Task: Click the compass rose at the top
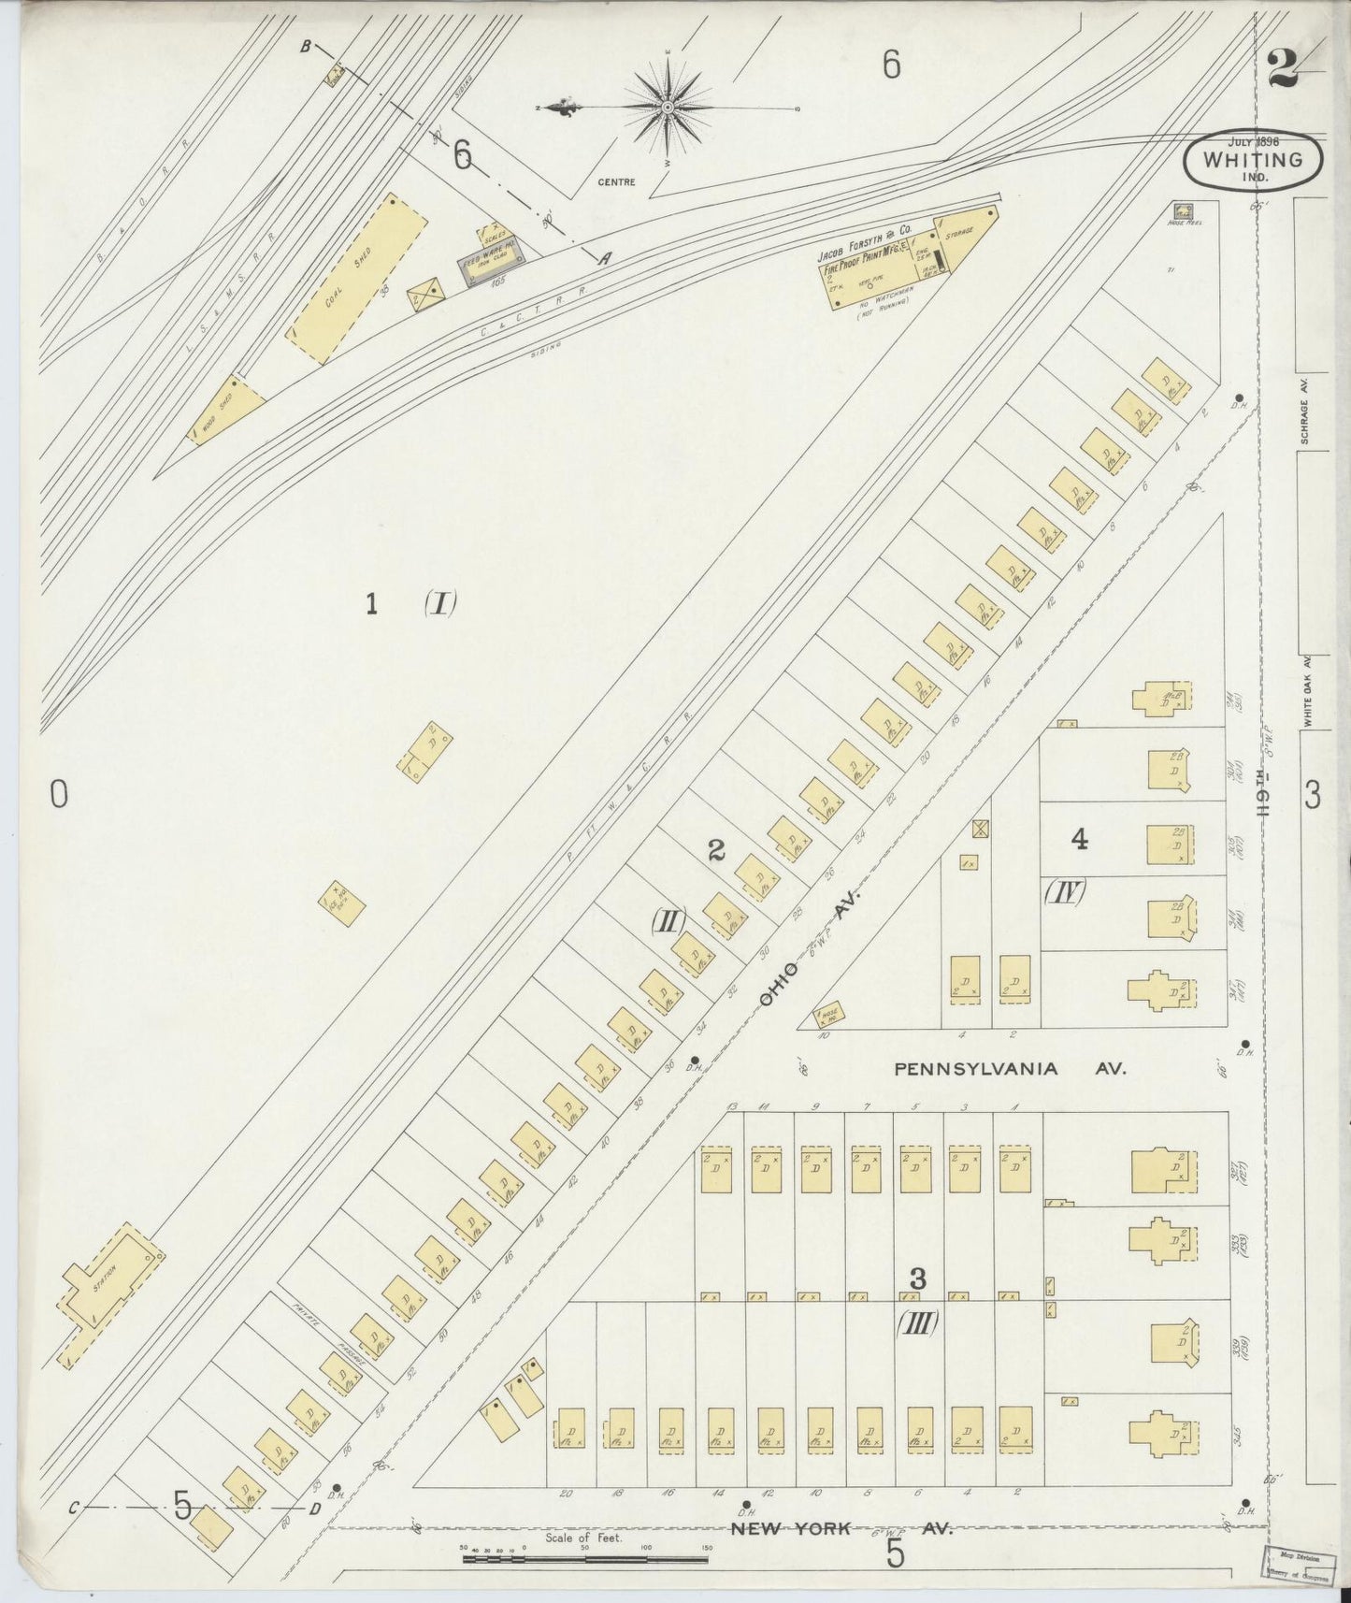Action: [x=668, y=108]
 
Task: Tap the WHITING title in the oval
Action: [x=1253, y=160]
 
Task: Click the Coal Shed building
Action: [x=355, y=279]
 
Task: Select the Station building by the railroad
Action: [x=110, y=1294]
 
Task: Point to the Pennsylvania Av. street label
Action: [x=1010, y=1068]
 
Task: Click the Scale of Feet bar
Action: [x=584, y=1559]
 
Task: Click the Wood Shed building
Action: [x=226, y=410]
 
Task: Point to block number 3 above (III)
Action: [x=918, y=1278]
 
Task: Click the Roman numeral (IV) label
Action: [x=1064, y=893]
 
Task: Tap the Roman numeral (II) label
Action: [x=670, y=921]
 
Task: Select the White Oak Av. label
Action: [x=1310, y=692]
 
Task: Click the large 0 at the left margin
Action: [x=58, y=794]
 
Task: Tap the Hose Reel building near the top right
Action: [x=1183, y=212]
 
